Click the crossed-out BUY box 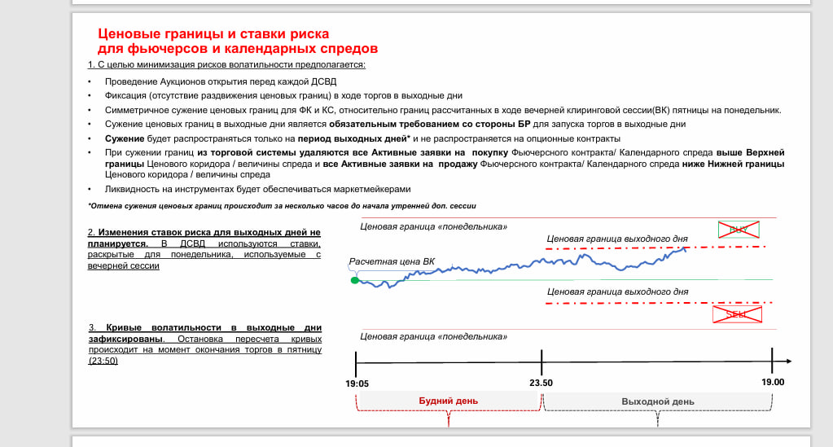pos(739,230)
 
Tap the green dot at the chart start pos(354,280)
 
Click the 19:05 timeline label pos(357,382)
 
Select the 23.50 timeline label pos(541,382)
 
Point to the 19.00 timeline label pos(773,382)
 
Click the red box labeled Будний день pos(448,401)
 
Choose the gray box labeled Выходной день pos(657,401)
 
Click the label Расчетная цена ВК pos(392,262)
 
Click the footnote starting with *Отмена pos(281,206)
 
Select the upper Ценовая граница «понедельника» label pos(433,226)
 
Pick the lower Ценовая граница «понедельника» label pos(433,336)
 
